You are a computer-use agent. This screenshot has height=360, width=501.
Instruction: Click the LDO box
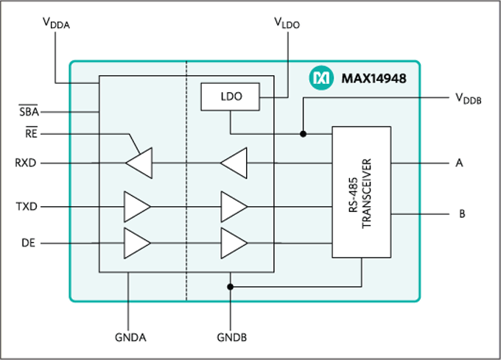click(231, 96)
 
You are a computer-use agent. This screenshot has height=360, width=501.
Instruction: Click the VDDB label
click(468, 99)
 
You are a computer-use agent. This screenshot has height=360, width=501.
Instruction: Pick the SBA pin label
click(29, 112)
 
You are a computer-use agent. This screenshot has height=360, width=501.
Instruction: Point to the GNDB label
click(231, 338)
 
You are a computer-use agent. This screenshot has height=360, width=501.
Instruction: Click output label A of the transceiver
click(460, 163)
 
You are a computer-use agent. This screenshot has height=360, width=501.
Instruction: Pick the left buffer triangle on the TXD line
click(136, 207)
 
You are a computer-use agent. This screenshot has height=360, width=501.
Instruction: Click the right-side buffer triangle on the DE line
click(234, 242)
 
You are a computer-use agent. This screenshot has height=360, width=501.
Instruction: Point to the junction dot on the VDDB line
click(303, 134)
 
